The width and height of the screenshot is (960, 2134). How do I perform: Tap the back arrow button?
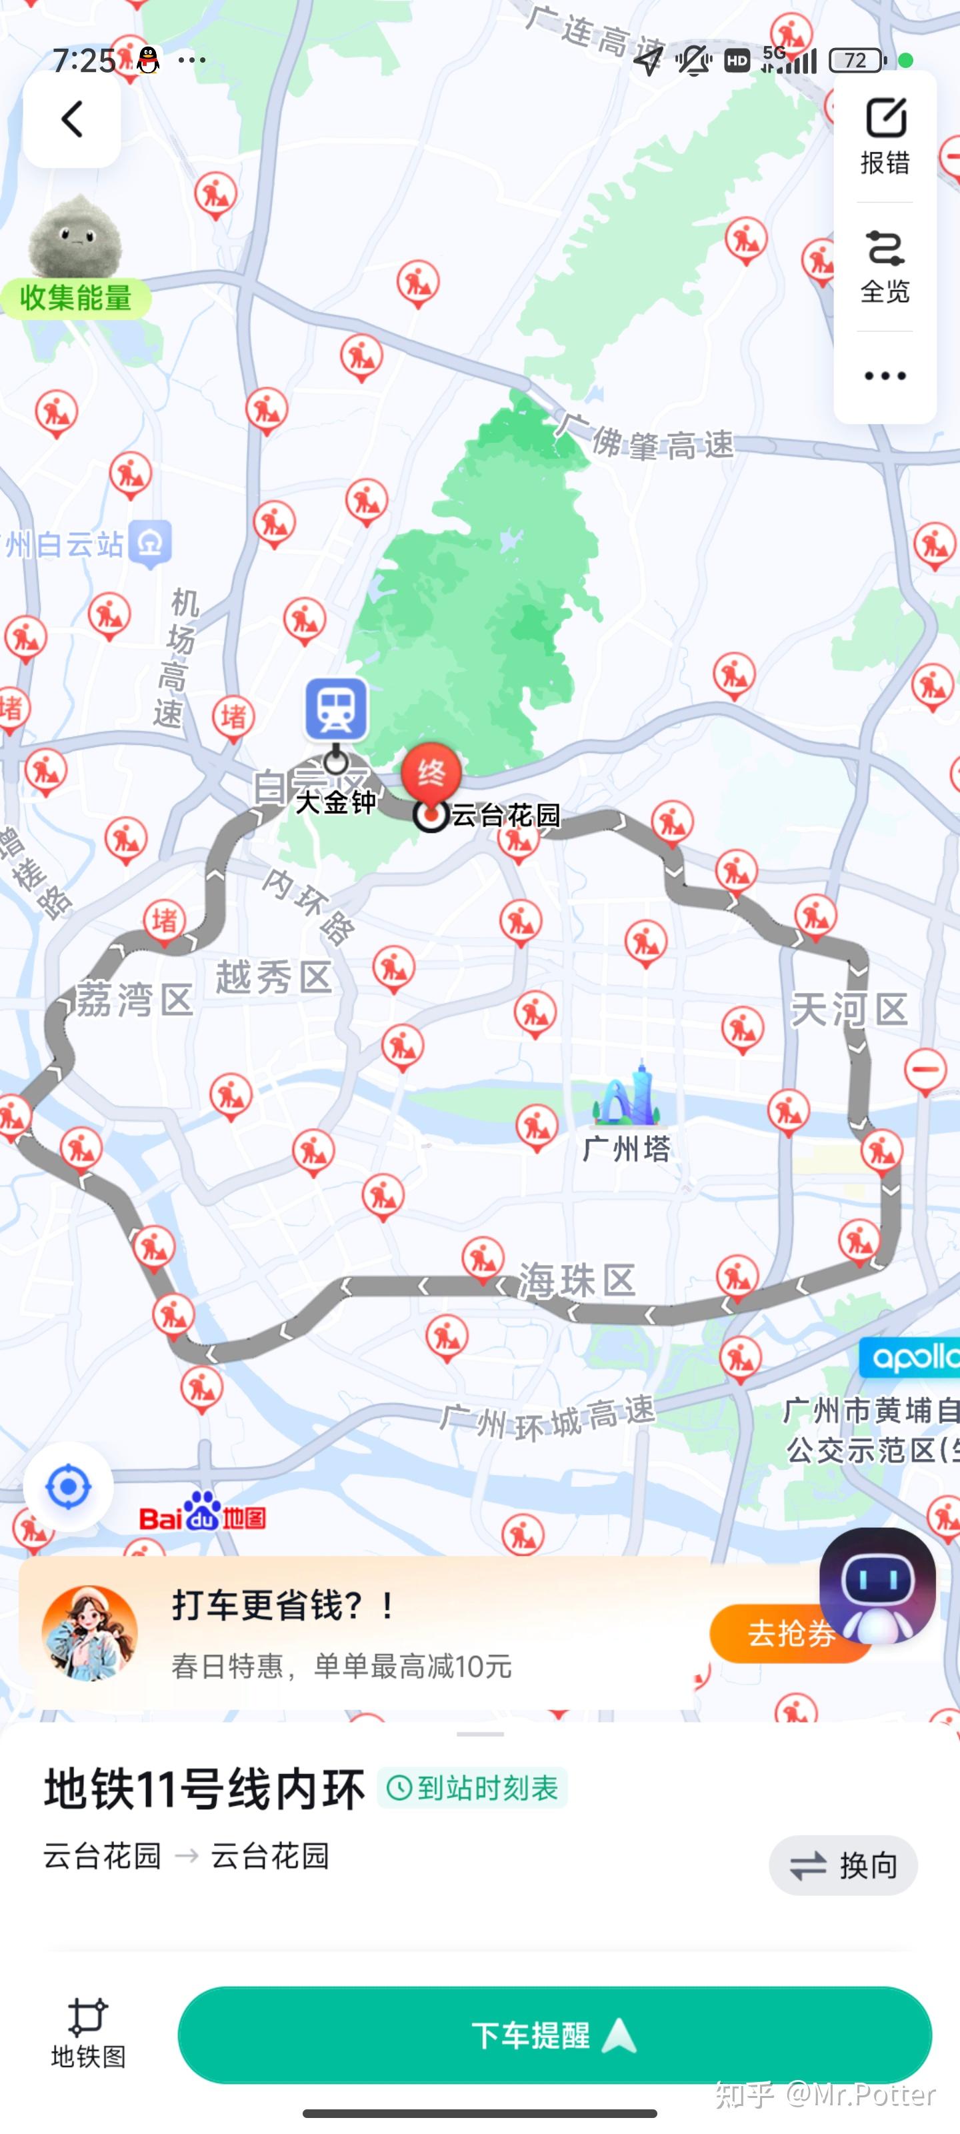tap(72, 119)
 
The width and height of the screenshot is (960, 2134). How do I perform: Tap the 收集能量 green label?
tap(75, 297)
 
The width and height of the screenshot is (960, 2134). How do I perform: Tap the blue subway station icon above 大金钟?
tap(336, 708)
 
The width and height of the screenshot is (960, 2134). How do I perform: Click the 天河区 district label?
tap(850, 1009)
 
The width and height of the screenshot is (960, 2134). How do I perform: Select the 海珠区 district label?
tap(577, 1280)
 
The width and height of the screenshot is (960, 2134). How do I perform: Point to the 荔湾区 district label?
tap(135, 999)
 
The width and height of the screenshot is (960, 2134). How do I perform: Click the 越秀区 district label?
tap(274, 978)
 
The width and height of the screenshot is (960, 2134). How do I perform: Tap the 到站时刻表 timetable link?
tap(473, 1788)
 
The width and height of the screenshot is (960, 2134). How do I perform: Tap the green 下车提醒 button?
tap(554, 2035)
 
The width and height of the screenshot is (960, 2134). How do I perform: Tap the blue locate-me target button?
tap(68, 1487)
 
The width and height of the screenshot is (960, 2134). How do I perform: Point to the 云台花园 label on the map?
tap(506, 815)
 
